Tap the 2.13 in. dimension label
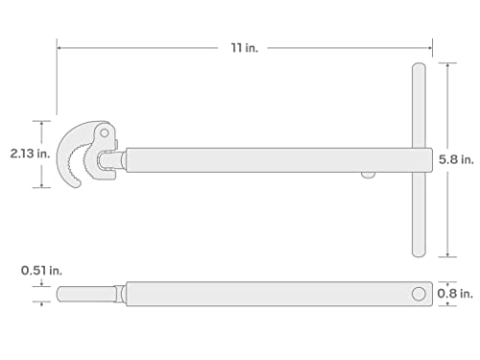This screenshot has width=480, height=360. (x=20, y=154)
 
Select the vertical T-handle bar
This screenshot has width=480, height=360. (x=419, y=159)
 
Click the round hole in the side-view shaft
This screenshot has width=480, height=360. (x=419, y=293)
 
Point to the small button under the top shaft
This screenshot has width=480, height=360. (x=368, y=174)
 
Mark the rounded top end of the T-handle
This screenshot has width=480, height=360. (x=419, y=68)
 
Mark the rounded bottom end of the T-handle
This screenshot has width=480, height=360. (x=419, y=252)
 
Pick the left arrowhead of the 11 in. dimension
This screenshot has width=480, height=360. (x=60, y=46)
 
